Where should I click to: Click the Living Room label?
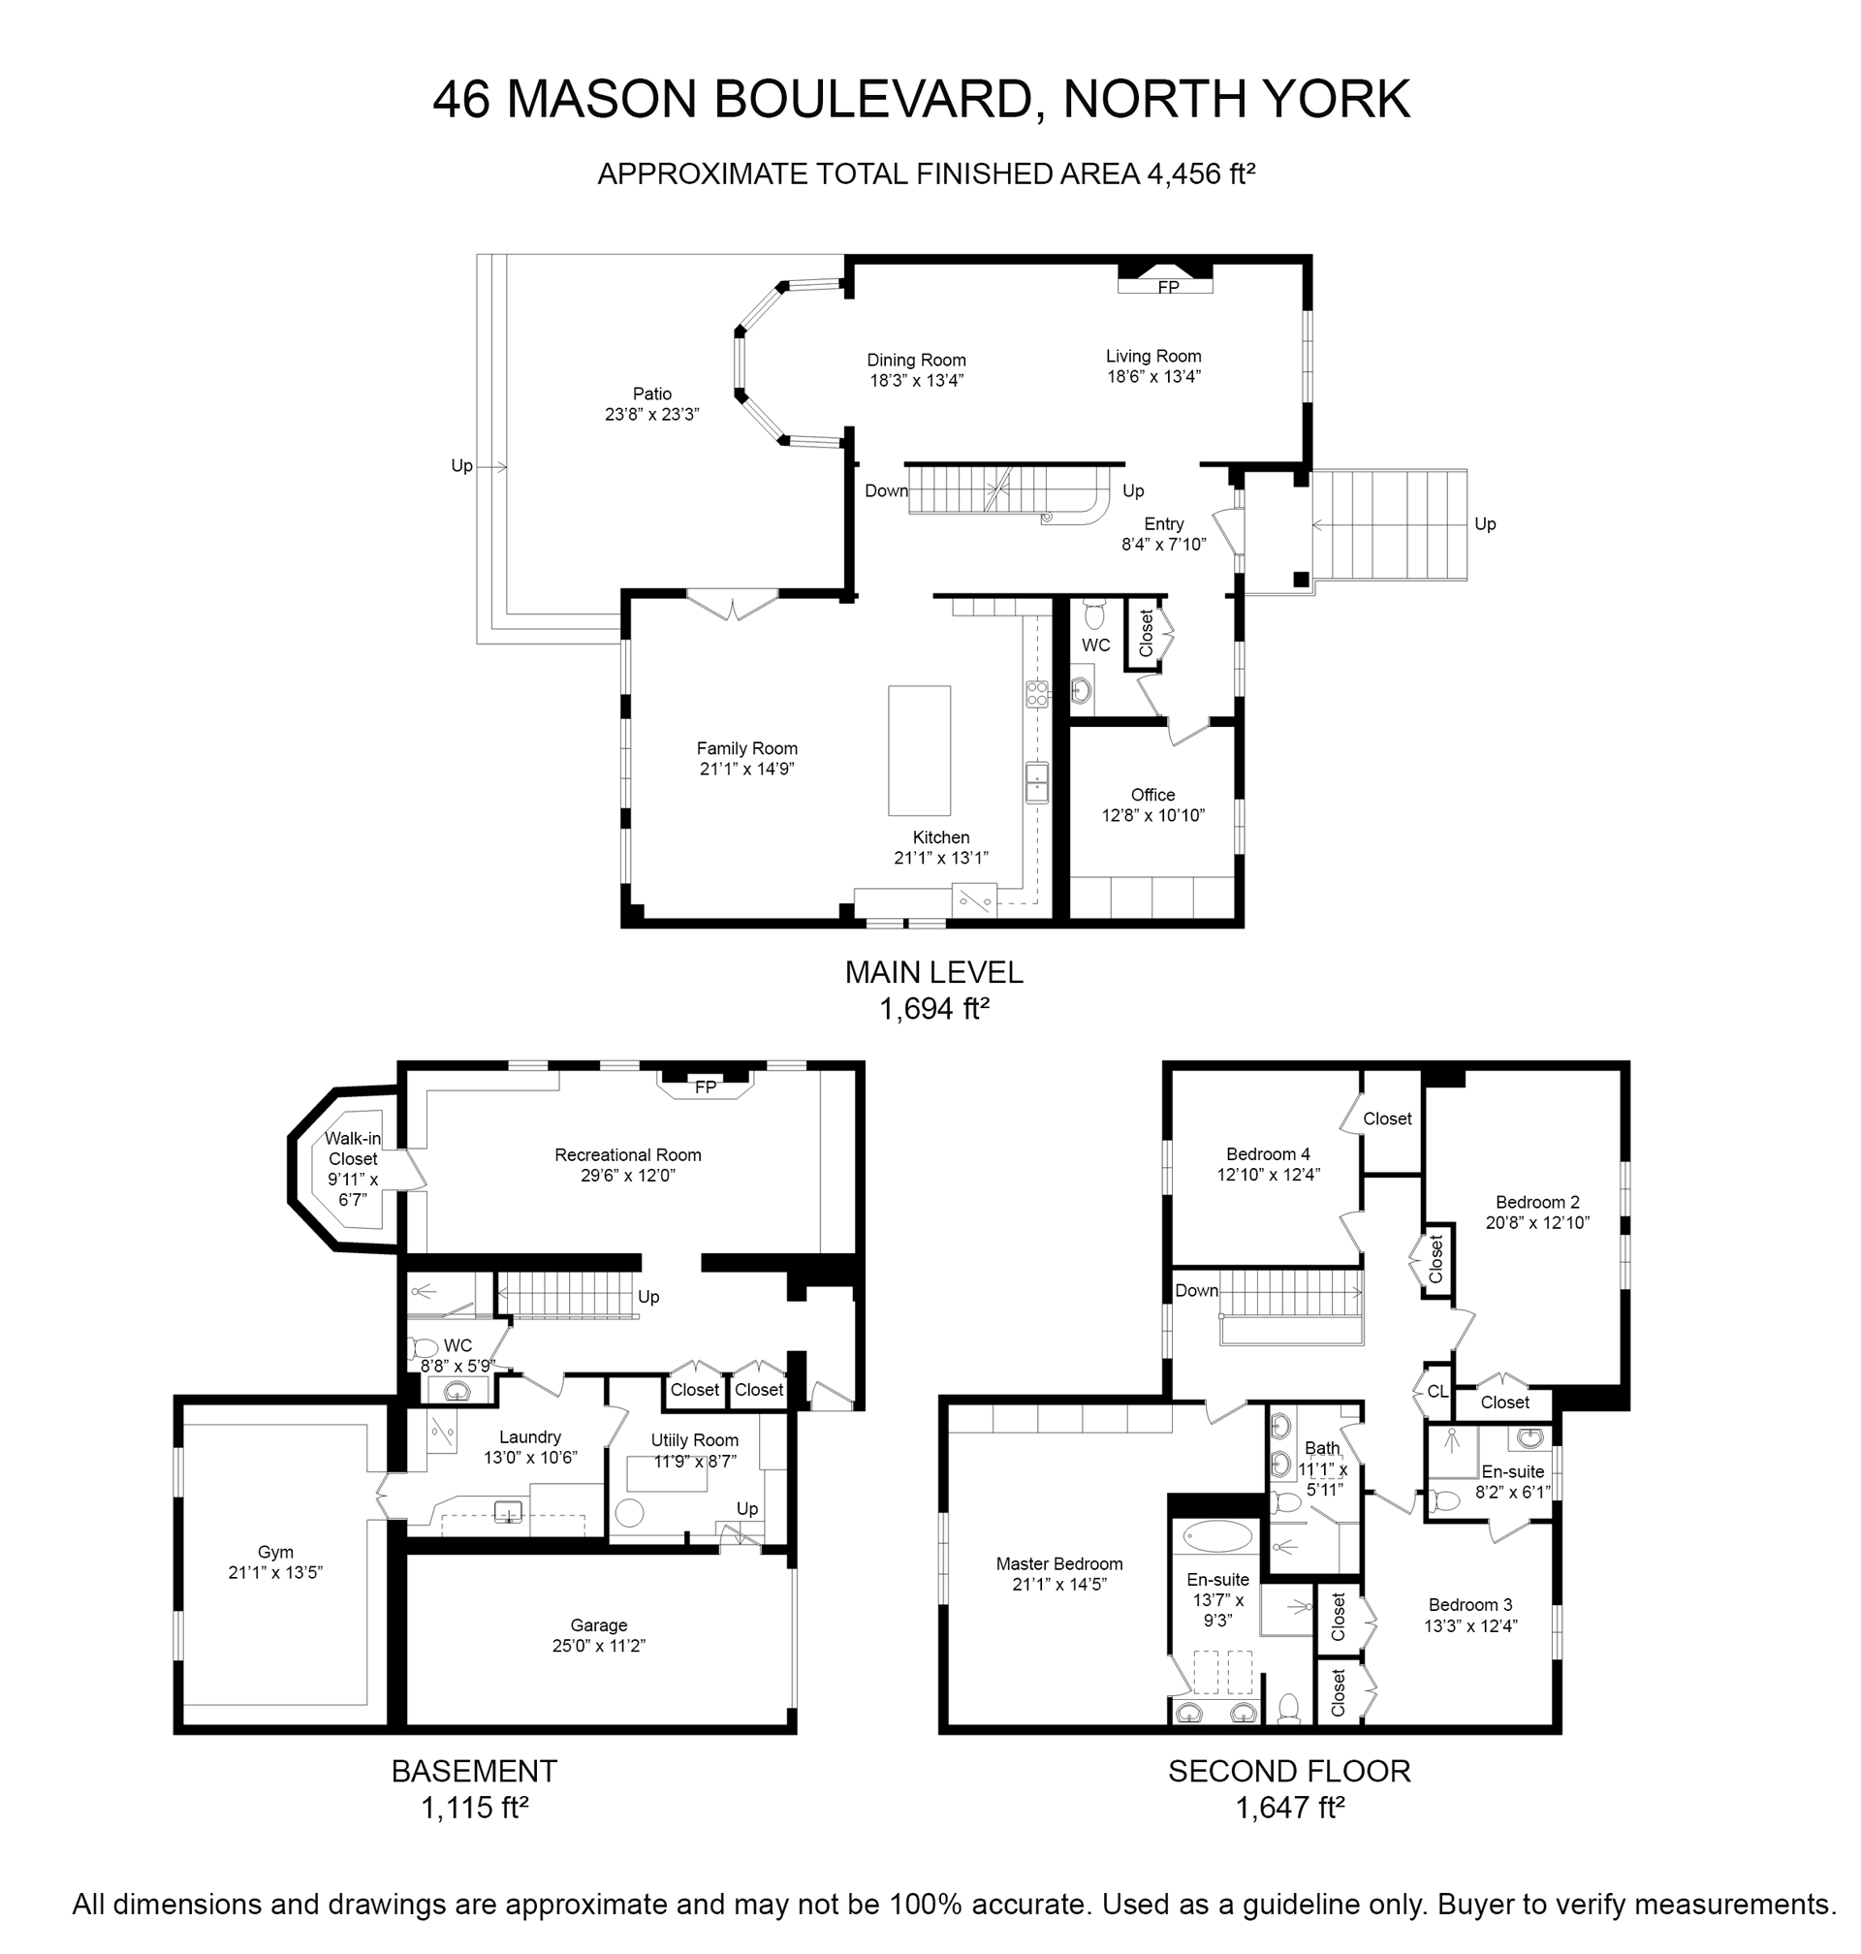click(1152, 356)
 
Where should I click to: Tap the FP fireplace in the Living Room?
click(1166, 279)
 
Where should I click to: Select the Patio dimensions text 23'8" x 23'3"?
click(651, 415)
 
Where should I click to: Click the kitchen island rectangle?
click(919, 750)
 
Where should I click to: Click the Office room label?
click(1152, 795)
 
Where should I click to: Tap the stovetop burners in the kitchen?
click(1037, 693)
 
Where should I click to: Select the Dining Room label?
click(916, 360)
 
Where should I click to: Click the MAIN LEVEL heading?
click(933, 972)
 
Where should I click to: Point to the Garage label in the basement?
click(598, 1624)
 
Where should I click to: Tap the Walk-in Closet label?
click(353, 1149)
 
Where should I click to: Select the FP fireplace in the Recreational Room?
click(705, 1086)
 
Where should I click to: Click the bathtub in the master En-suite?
click(1216, 1536)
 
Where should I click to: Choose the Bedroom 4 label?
click(1268, 1153)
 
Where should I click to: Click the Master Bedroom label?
click(1059, 1564)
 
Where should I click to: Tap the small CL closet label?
click(1437, 1392)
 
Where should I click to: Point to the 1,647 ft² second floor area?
click(1288, 1808)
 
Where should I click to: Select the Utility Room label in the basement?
click(694, 1440)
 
